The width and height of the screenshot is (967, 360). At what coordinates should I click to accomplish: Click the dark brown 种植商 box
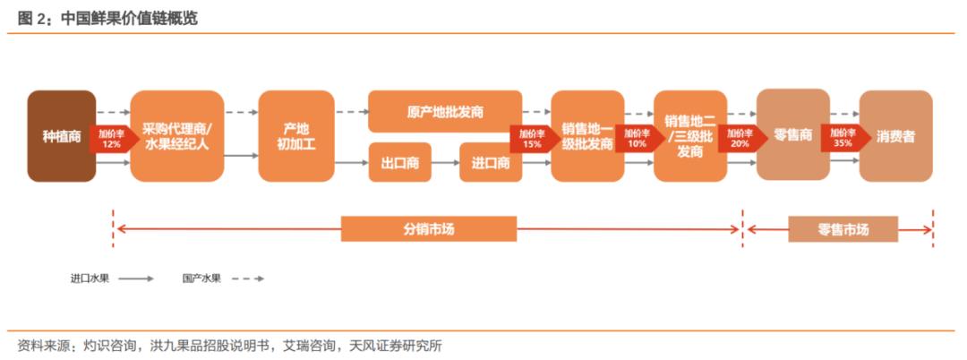click(62, 136)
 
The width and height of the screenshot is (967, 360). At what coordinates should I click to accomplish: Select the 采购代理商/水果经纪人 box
click(177, 136)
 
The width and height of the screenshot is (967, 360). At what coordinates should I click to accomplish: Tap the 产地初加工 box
click(296, 136)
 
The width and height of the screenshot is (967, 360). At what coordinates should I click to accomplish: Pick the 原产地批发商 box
click(445, 112)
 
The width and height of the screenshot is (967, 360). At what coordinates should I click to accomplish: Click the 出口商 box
click(399, 163)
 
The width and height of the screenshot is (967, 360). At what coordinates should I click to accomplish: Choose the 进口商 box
click(491, 163)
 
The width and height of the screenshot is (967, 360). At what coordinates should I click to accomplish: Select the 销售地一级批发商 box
click(587, 136)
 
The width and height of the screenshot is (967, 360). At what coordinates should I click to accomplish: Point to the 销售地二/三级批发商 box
click(690, 136)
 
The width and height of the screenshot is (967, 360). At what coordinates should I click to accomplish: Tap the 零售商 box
click(793, 135)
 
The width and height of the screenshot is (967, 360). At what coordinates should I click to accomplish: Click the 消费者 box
click(896, 136)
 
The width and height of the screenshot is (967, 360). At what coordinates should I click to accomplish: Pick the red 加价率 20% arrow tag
click(738, 139)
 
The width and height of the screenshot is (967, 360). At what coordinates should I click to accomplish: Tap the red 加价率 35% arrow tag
click(842, 139)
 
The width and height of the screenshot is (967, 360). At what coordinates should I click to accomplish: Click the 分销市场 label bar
click(429, 229)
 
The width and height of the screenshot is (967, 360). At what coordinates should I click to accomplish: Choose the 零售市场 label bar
click(843, 229)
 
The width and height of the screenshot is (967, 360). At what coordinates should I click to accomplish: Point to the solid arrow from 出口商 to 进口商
click(445, 163)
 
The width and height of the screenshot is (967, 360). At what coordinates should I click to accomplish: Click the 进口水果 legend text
click(90, 278)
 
